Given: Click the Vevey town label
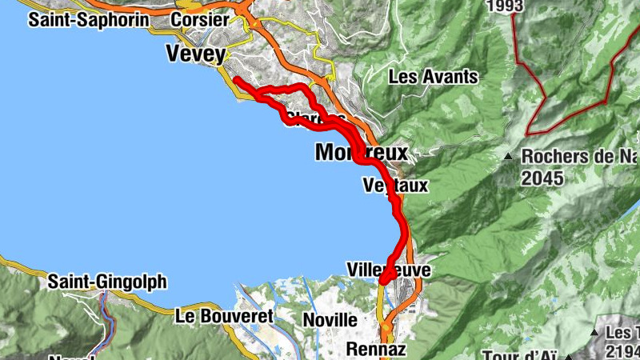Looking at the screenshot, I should click(196, 53).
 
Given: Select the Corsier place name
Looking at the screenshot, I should click(200, 19).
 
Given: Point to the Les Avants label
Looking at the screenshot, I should click(433, 78).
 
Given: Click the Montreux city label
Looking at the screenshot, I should click(362, 152).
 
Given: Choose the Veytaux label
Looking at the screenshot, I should click(395, 186).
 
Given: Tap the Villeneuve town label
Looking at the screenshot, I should click(389, 270).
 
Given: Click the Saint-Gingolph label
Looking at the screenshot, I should click(107, 282).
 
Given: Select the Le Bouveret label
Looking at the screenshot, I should click(224, 316).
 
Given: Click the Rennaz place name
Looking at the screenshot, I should click(376, 349).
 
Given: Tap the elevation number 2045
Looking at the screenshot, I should click(542, 178).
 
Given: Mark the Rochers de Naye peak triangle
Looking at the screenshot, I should click(508, 156).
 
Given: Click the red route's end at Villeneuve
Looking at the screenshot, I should click(383, 280).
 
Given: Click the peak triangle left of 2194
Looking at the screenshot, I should click(595, 331).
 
